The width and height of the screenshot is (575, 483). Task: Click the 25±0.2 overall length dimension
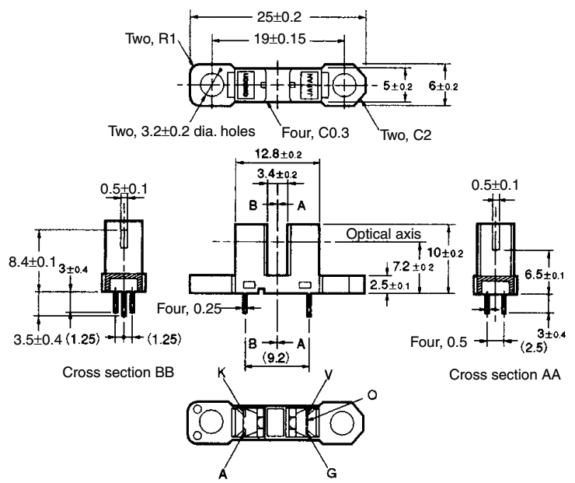coord(276,16)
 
